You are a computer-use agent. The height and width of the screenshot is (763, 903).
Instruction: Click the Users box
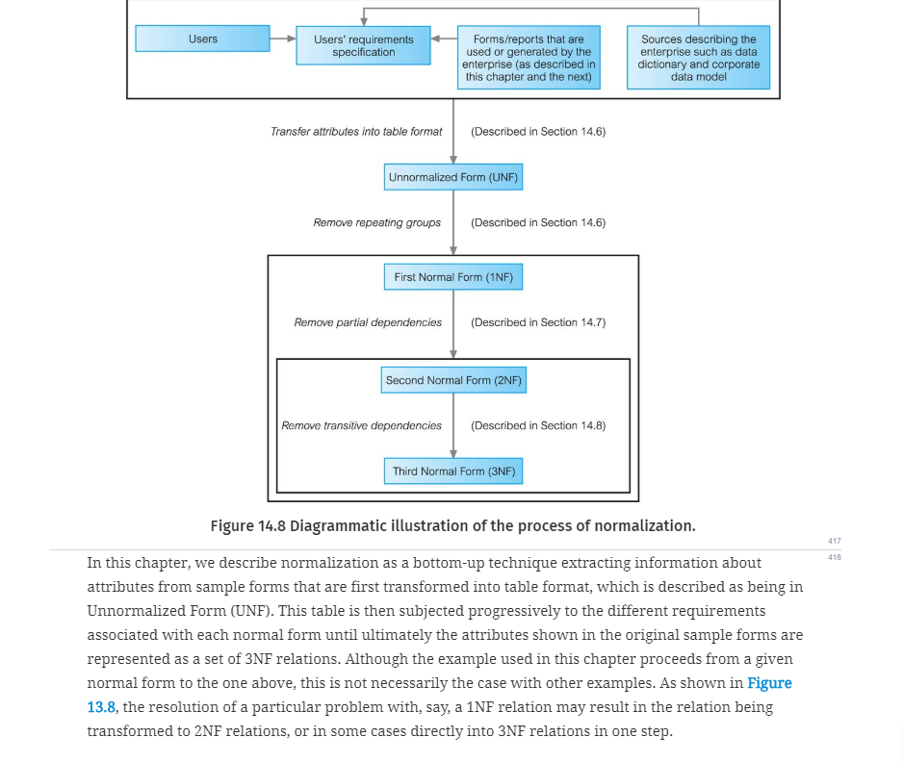(x=203, y=38)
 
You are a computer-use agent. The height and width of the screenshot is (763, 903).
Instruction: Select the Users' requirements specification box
(x=363, y=45)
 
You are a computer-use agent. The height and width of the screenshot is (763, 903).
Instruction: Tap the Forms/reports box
(x=529, y=58)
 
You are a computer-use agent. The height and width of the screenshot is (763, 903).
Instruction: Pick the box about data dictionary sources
(x=699, y=58)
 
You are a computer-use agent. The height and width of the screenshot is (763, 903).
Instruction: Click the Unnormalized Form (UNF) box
(x=453, y=177)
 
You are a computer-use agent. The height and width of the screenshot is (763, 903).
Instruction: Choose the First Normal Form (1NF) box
(x=453, y=277)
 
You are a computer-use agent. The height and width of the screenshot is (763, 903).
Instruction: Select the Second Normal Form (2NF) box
(x=453, y=380)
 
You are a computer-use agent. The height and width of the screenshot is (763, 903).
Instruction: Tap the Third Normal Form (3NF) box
(x=453, y=471)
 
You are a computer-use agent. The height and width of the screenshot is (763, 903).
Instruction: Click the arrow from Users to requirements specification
(x=283, y=38)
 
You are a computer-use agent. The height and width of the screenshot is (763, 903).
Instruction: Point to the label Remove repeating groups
(x=377, y=222)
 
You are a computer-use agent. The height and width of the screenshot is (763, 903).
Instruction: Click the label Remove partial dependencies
(x=368, y=323)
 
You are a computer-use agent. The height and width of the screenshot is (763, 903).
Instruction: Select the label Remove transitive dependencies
(x=362, y=426)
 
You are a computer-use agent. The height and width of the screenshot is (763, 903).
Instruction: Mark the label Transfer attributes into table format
(x=356, y=132)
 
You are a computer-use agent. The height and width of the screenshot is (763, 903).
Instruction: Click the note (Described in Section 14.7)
(x=538, y=323)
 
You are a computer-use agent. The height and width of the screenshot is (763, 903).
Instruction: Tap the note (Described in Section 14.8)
(x=538, y=426)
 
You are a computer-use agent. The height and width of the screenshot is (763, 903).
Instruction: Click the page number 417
(x=835, y=541)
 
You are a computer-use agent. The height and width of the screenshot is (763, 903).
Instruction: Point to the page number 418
(x=835, y=557)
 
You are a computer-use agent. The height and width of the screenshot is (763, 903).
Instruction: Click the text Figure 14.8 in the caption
(x=247, y=526)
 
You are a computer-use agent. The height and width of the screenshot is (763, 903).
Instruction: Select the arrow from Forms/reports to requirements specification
(x=444, y=38)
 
